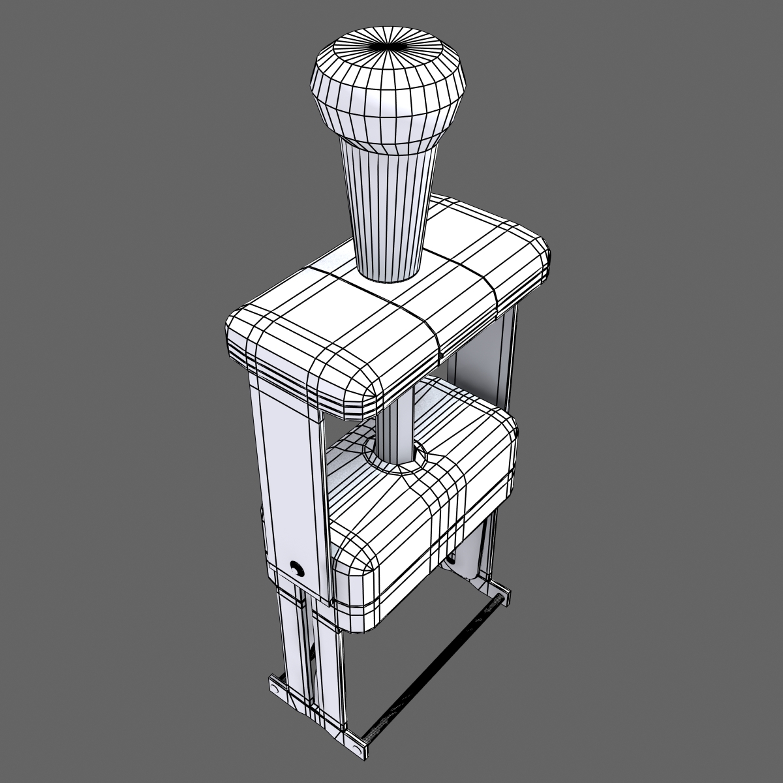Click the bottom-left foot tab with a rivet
278,689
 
